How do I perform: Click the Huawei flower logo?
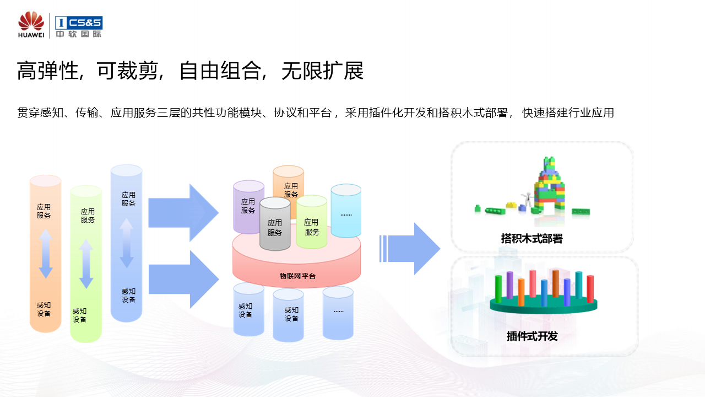(31, 22)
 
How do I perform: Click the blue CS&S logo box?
(79, 23)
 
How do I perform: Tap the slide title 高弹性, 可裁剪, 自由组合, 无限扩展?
(190, 72)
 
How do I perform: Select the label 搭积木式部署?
(532, 239)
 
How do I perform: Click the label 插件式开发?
(532, 336)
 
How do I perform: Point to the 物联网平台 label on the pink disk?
(297, 276)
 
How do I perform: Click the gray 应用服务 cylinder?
(275, 225)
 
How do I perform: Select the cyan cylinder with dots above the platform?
(346, 210)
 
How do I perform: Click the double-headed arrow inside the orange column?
(46, 253)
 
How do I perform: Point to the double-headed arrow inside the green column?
(86, 264)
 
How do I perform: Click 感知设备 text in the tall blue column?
(128, 296)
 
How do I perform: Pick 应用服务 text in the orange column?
(44, 211)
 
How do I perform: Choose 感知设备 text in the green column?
(79, 315)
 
